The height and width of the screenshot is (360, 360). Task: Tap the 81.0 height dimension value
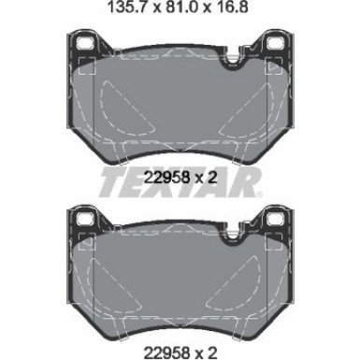[x=180, y=7]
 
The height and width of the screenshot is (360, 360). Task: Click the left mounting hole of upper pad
[x=86, y=42]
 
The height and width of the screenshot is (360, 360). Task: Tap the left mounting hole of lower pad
[x=86, y=218]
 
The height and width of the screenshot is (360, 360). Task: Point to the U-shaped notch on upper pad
[x=231, y=60]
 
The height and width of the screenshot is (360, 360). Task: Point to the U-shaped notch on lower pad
[x=231, y=236]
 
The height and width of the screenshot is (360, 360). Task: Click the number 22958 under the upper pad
[x=167, y=178]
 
